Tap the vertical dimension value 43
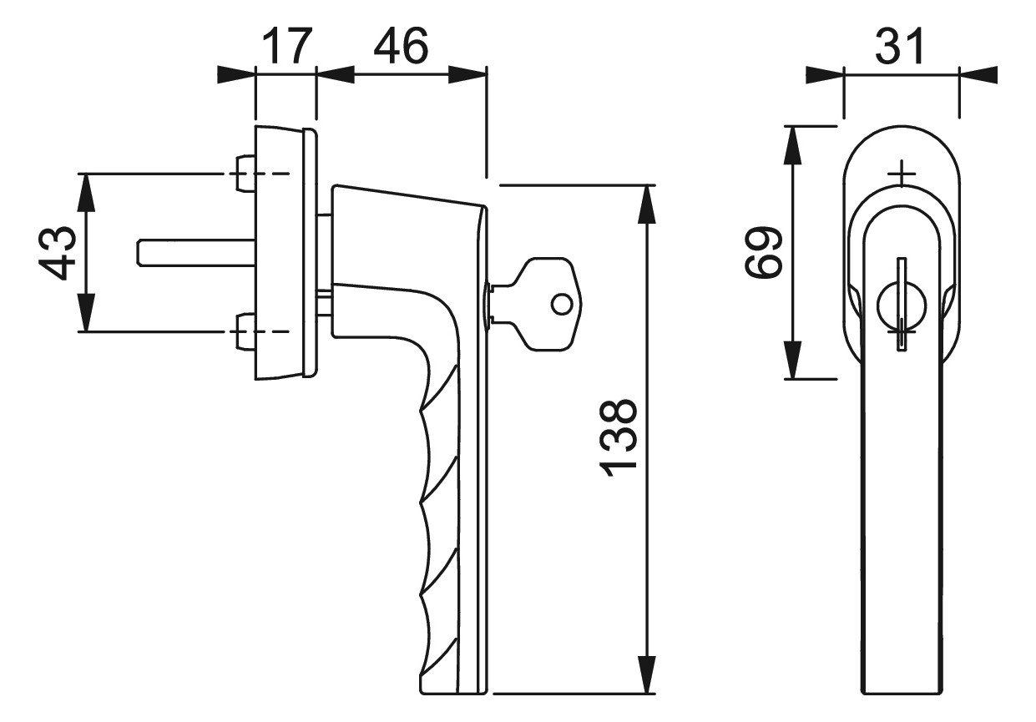pos(57,253)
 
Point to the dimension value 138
pos(618,437)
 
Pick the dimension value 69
pos(763,252)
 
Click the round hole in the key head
pos(562,305)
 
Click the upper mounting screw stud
pos(245,174)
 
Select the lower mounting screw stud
pos(245,331)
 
